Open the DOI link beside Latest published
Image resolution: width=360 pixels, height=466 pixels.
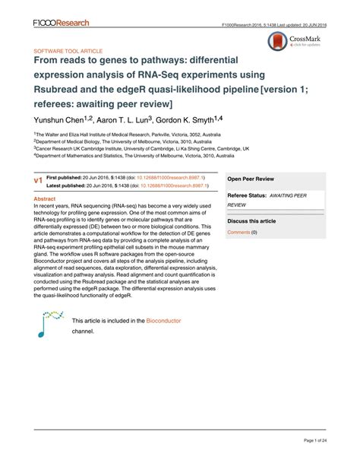171,164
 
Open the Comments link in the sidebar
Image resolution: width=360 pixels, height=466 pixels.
238,211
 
